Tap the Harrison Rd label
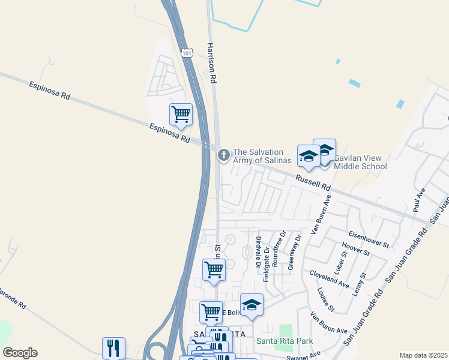[211, 62]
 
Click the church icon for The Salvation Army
[223, 156]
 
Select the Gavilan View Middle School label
[360, 162]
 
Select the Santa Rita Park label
[285, 341]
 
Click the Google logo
[20, 353]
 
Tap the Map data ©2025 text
[423, 355]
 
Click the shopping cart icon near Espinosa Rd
[181, 113]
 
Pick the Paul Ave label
[418, 200]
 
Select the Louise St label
[325, 299]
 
